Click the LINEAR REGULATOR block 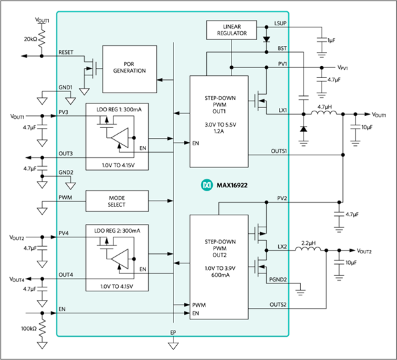pos(232,30)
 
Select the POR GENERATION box pos(129,69)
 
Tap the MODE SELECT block pos(117,201)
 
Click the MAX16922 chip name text pos(232,185)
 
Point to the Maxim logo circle pos(207,185)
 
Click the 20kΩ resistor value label pos(31,39)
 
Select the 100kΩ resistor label pos(29,329)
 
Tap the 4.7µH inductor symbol pos(324,113)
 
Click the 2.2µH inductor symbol pos(308,249)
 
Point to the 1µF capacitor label pos(332,40)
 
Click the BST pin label pos(282,48)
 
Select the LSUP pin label pos(280,23)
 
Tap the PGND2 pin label pos(278,279)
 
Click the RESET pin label pos(66,52)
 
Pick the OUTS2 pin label pos(278,305)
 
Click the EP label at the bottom pos(173,333)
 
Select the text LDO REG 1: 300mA pos(119,109)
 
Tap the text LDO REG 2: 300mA pos(117,231)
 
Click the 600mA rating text pos(220,275)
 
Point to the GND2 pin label pos(66,173)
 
